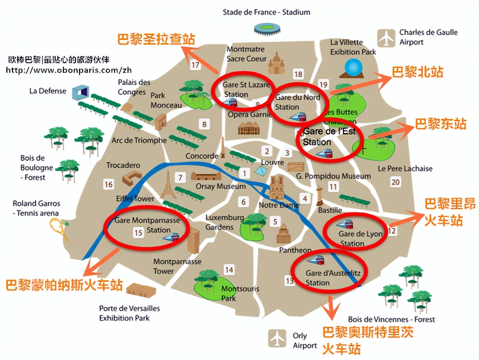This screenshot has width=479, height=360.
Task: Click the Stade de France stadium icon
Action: [x=267, y=29]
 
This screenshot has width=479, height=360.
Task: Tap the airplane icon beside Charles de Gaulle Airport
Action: [x=386, y=38]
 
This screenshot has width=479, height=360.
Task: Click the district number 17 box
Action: [x=195, y=65]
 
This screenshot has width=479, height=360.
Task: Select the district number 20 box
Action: [x=396, y=182]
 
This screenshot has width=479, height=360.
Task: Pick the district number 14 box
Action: [x=229, y=270]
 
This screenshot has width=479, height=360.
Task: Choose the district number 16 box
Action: [x=109, y=184]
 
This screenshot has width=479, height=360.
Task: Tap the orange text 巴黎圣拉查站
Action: [x=156, y=39]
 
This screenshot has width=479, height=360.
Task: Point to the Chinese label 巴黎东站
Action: [x=441, y=124]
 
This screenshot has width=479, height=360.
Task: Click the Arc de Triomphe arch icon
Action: [x=161, y=122]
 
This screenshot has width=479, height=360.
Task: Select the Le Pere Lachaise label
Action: [x=405, y=168]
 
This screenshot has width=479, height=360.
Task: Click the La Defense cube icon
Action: [x=80, y=93]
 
